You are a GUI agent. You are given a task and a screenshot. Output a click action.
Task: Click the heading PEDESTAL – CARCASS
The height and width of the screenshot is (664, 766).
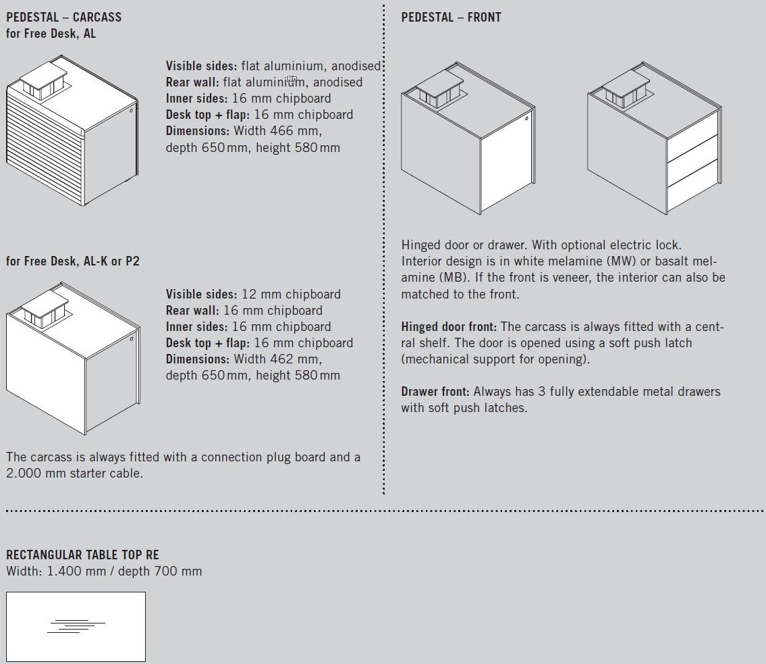[63, 17]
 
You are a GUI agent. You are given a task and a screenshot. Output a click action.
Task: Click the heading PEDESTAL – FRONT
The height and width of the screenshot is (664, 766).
[451, 17]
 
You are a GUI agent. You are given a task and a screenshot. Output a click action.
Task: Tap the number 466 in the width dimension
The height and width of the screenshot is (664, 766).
[283, 130]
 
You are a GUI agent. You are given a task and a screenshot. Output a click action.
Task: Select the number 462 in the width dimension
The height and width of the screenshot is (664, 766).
[283, 359]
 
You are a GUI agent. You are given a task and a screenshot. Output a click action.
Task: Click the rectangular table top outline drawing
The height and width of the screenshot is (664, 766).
[76, 626]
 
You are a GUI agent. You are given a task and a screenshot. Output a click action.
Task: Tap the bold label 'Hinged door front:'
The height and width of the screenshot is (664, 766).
[449, 327]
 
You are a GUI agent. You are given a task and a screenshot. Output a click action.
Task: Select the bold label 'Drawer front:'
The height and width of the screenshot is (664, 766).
[435, 392]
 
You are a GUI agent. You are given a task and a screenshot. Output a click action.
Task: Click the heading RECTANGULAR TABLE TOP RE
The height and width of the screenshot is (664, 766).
[82, 555]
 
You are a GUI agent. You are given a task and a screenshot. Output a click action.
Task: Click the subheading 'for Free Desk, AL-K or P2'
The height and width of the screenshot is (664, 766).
[73, 261]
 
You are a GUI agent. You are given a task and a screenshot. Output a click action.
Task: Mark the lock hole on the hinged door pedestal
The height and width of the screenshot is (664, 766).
[526, 119]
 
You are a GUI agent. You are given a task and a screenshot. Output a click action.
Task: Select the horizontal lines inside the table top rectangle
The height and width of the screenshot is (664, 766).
[76, 626]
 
